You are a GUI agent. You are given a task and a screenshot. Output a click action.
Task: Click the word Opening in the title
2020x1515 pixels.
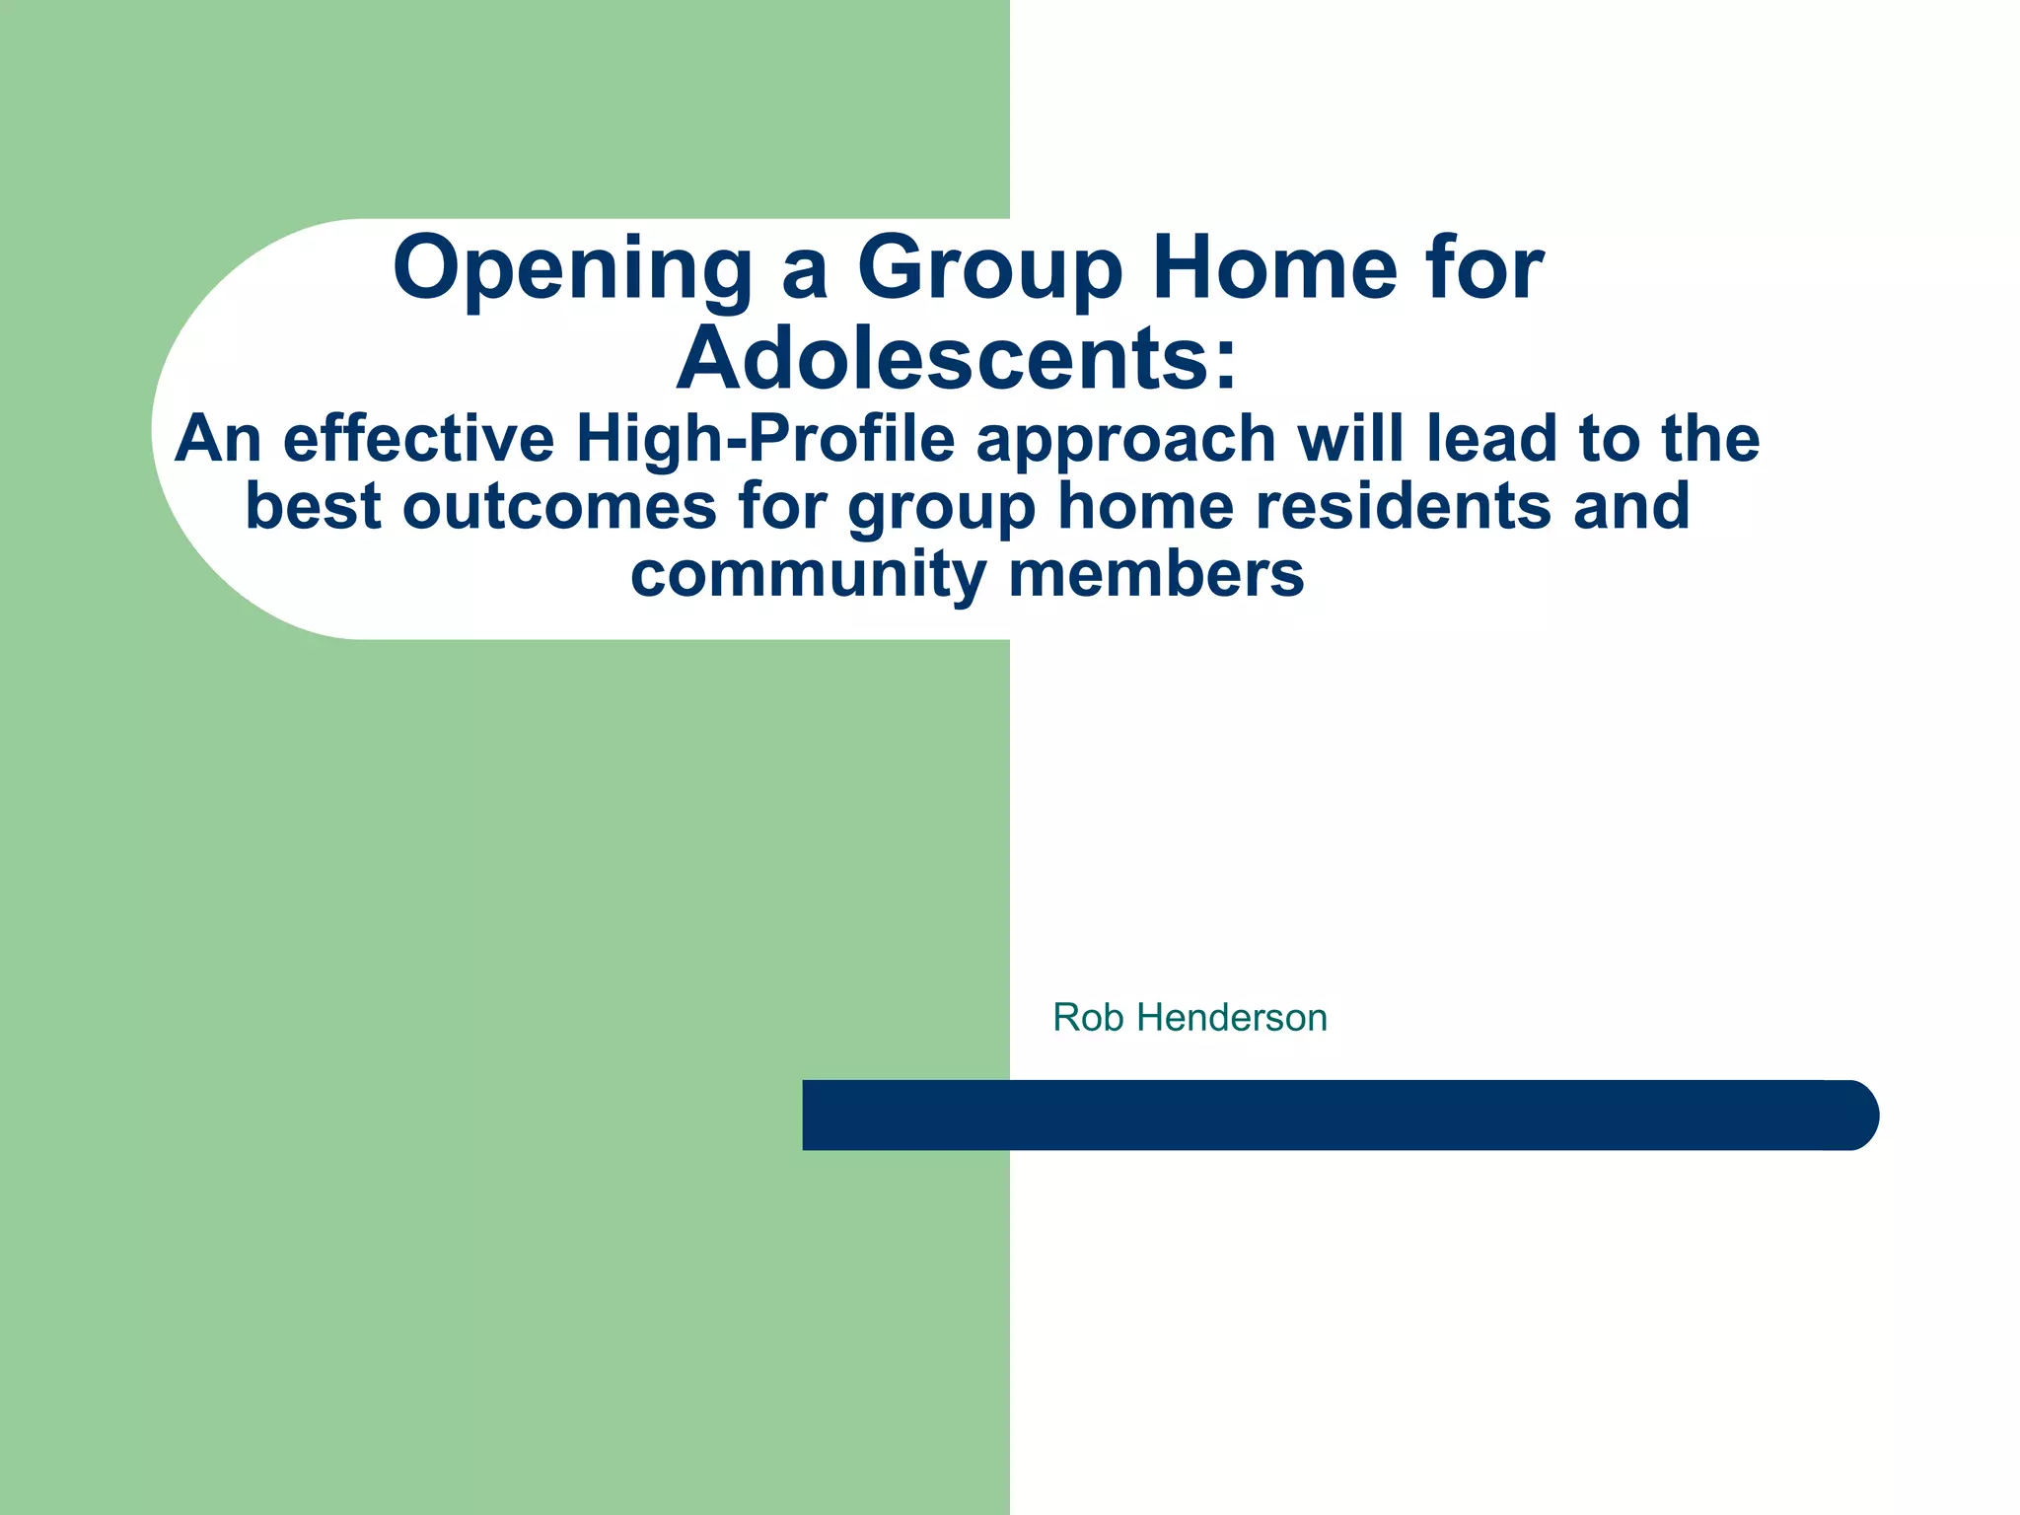click(x=572, y=268)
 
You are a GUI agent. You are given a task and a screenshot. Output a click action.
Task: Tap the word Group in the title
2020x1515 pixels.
click(x=989, y=268)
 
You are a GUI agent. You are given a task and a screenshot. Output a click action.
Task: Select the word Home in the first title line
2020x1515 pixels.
click(x=1274, y=268)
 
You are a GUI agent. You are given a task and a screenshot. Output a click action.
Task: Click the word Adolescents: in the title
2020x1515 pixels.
click(x=956, y=358)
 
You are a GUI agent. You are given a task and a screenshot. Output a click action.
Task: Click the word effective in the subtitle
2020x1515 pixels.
click(x=418, y=439)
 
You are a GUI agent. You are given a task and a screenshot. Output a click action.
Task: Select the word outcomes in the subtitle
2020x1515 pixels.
click(x=559, y=506)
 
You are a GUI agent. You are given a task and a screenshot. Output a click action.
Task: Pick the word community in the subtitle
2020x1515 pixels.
click(x=808, y=574)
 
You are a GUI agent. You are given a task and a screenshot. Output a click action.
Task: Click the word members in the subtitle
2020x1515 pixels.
click(x=1156, y=574)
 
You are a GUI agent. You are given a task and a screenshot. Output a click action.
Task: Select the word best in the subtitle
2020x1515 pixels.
click(x=313, y=506)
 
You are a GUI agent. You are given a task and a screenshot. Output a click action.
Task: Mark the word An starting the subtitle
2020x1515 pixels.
click(x=218, y=439)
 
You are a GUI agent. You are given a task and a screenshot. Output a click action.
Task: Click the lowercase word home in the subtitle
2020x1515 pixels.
click(x=1145, y=506)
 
